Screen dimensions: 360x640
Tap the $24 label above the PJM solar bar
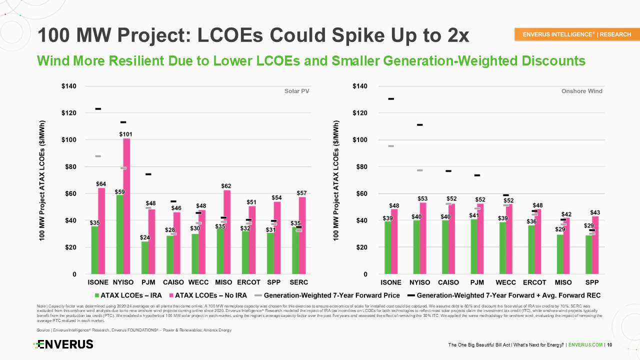coord(144,237)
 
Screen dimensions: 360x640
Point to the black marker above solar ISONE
coord(98,108)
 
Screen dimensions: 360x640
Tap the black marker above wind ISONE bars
coord(391,98)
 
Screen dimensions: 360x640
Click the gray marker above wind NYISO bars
coord(420,170)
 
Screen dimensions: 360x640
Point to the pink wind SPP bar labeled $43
coord(595,245)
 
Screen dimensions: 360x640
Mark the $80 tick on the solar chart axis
coord(68,166)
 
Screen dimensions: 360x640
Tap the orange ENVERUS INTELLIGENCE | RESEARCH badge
coord(577,34)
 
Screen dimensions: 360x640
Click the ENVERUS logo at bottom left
coord(63,344)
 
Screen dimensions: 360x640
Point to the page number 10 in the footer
coord(610,345)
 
